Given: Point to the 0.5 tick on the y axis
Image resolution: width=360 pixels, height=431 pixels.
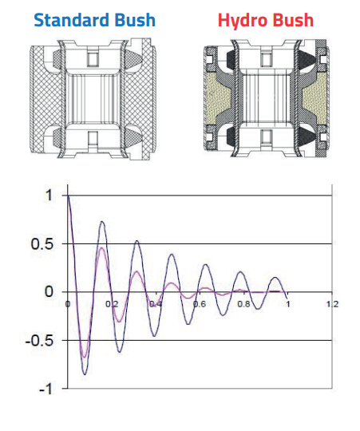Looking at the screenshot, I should tap(43, 243).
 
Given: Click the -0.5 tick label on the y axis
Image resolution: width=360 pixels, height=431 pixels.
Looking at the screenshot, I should tap(40, 341).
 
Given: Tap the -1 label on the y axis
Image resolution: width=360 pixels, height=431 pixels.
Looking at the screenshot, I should tap(46, 389).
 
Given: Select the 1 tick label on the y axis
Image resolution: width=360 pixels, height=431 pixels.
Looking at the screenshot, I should tap(49, 196).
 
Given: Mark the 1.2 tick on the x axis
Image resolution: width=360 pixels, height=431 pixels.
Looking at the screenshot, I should tap(332, 304).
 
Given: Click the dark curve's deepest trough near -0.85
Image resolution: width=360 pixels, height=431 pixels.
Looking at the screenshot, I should tap(85, 374).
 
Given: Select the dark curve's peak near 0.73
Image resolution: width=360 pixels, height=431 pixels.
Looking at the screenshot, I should tap(102, 222).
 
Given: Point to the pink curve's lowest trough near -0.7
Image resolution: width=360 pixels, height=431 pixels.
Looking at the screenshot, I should tap(83, 358).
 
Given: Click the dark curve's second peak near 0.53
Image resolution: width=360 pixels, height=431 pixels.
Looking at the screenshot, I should tap(136, 241).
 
